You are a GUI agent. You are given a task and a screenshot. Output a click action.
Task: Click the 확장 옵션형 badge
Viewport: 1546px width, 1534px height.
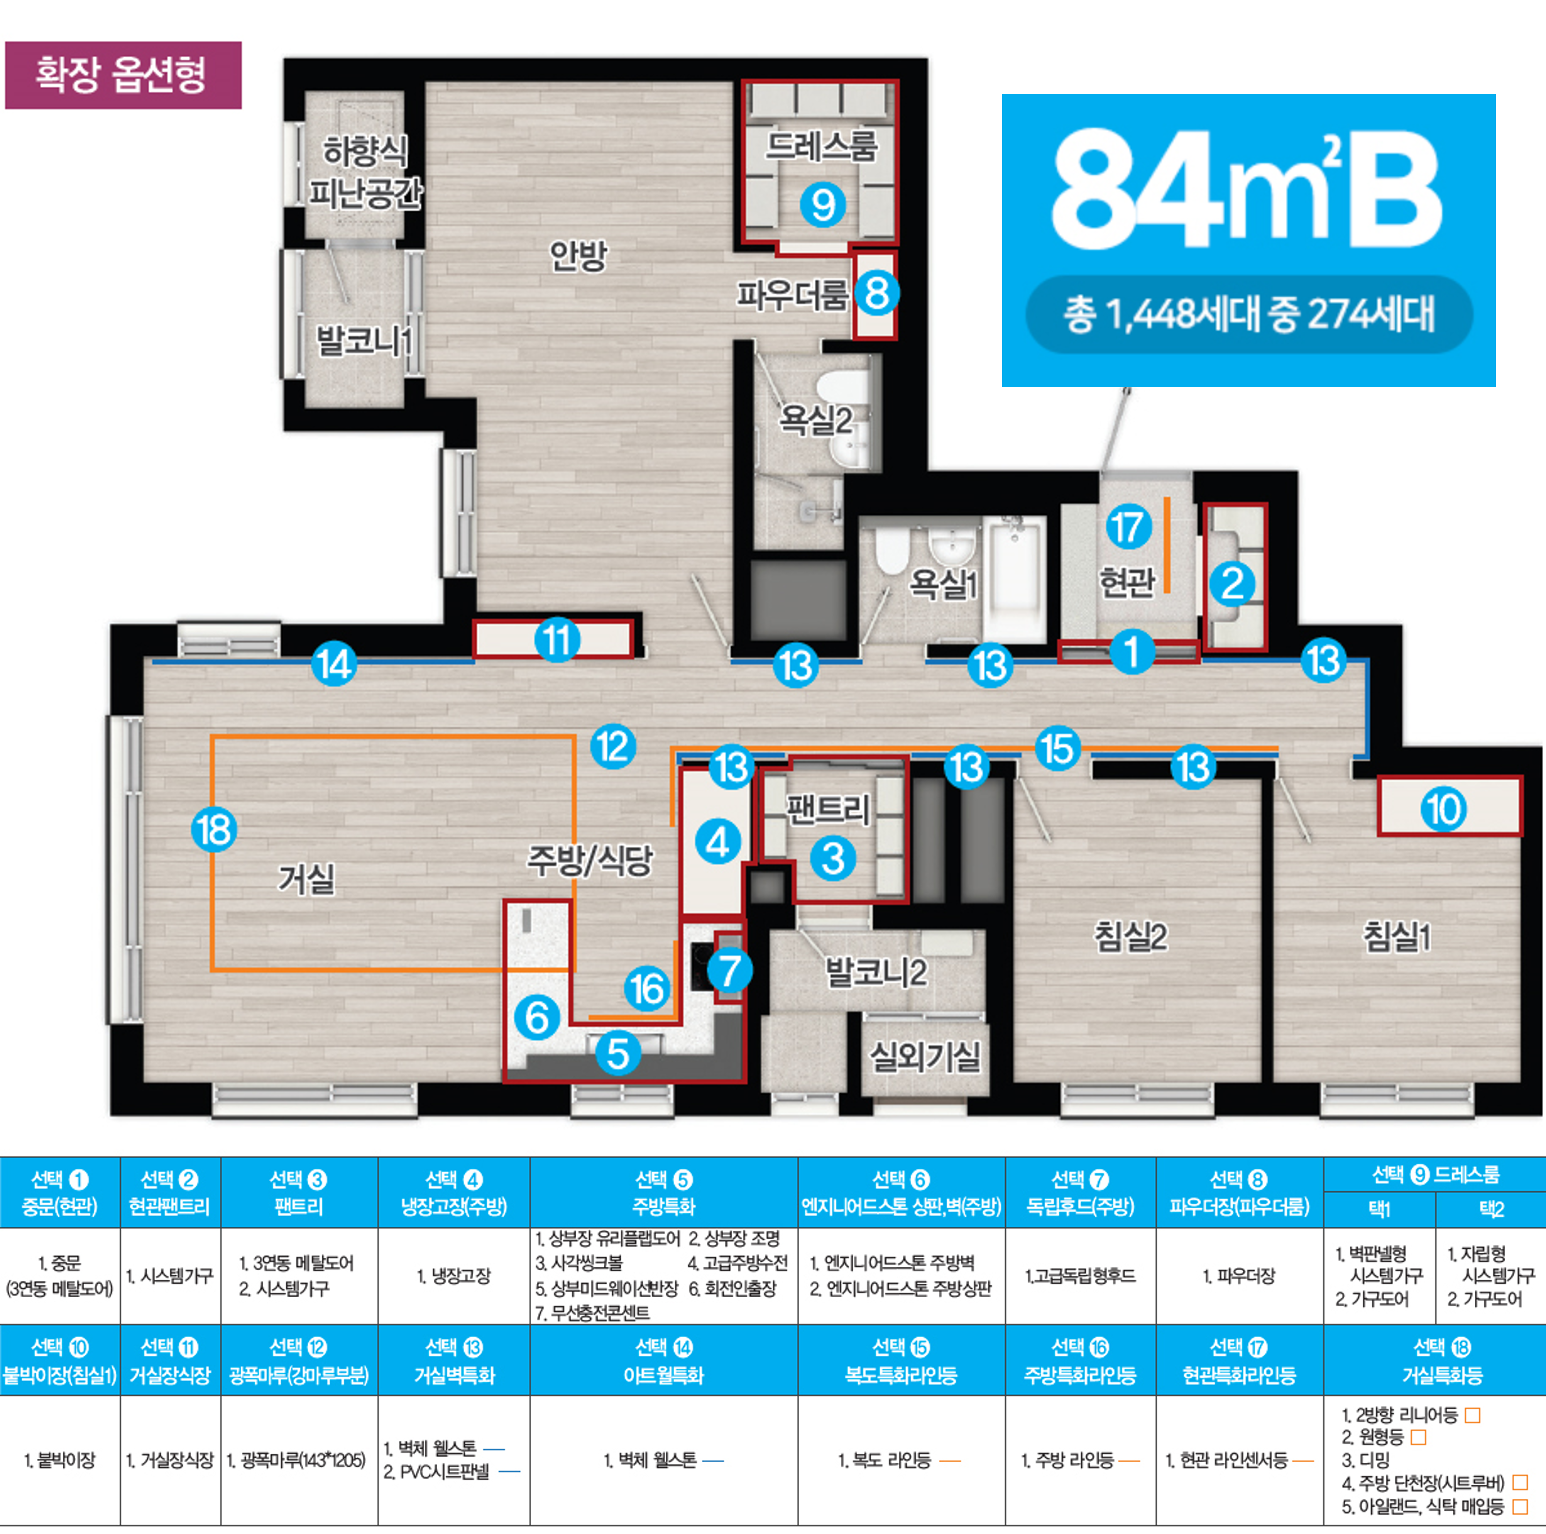[123, 75]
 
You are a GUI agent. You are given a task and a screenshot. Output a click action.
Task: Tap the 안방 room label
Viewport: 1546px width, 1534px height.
[578, 256]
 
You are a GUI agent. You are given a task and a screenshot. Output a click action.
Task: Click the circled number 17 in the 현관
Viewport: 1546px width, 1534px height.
[1128, 527]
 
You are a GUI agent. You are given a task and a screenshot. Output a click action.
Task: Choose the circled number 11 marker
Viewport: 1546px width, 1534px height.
[557, 640]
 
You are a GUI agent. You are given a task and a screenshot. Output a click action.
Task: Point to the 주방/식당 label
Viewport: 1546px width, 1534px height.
[590, 861]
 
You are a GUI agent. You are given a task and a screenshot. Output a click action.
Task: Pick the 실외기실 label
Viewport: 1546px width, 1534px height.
[925, 1057]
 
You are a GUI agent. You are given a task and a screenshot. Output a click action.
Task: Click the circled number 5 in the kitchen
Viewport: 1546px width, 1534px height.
[618, 1053]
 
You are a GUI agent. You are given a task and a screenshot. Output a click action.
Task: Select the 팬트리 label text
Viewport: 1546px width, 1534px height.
[827, 810]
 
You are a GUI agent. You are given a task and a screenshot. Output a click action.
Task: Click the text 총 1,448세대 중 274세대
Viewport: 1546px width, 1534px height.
[1249, 314]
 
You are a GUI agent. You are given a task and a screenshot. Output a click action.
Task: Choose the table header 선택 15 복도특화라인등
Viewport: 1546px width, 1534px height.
[901, 1360]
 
